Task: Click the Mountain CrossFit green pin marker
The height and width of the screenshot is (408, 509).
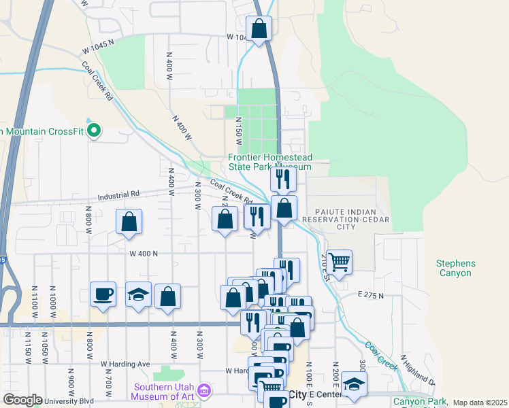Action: pyautogui.click(x=95, y=130)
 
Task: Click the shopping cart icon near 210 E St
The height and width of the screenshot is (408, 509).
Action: pyautogui.click(x=339, y=261)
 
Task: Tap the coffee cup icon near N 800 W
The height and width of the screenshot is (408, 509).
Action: pyautogui.click(x=103, y=294)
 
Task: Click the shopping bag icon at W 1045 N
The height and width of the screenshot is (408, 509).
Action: pyautogui.click(x=259, y=29)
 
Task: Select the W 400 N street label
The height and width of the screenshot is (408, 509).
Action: pyautogui.click(x=143, y=253)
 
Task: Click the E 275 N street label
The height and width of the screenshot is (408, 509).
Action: pyautogui.click(x=371, y=295)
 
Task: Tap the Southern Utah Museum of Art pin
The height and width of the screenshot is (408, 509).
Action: pyautogui.click(x=204, y=392)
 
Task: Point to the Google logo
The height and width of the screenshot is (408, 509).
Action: pyautogui.click(x=22, y=400)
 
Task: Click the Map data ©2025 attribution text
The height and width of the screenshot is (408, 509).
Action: pyautogui.click(x=480, y=403)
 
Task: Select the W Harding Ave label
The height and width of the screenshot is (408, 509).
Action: pyautogui.click(x=125, y=364)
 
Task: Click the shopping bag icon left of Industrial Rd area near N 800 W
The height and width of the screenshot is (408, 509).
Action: pyautogui.click(x=129, y=222)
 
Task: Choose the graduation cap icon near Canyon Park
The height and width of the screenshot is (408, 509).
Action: pyautogui.click(x=354, y=384)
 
